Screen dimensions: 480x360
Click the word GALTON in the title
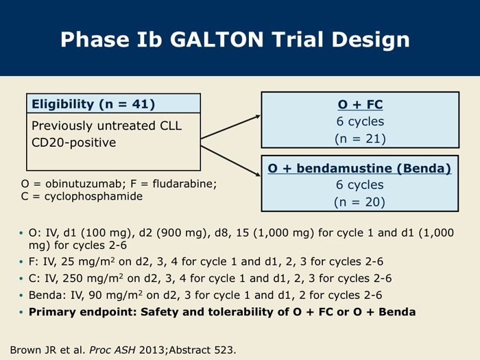pos(217,40)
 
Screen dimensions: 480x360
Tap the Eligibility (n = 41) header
pos(93,104)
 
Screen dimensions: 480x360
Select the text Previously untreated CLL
pos(106,125)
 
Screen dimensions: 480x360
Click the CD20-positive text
pos(74,143)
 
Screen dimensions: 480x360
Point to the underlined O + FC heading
pos(360,104)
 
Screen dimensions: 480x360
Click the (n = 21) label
pos(360,139)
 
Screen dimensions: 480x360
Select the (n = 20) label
pos(359,202)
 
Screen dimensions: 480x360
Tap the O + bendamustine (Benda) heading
pos(359,169)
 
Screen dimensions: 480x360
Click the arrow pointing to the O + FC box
pos(230,127)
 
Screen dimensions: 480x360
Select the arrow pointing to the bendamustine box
pos(230,161)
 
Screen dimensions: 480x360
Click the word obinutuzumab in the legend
pos(84,184)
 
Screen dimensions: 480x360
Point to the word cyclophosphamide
pos(93,196)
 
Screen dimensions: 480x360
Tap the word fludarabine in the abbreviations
pos(184,184)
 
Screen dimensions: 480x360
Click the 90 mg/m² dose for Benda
pos(115,295)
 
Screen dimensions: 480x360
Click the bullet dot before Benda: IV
pos(21,296)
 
